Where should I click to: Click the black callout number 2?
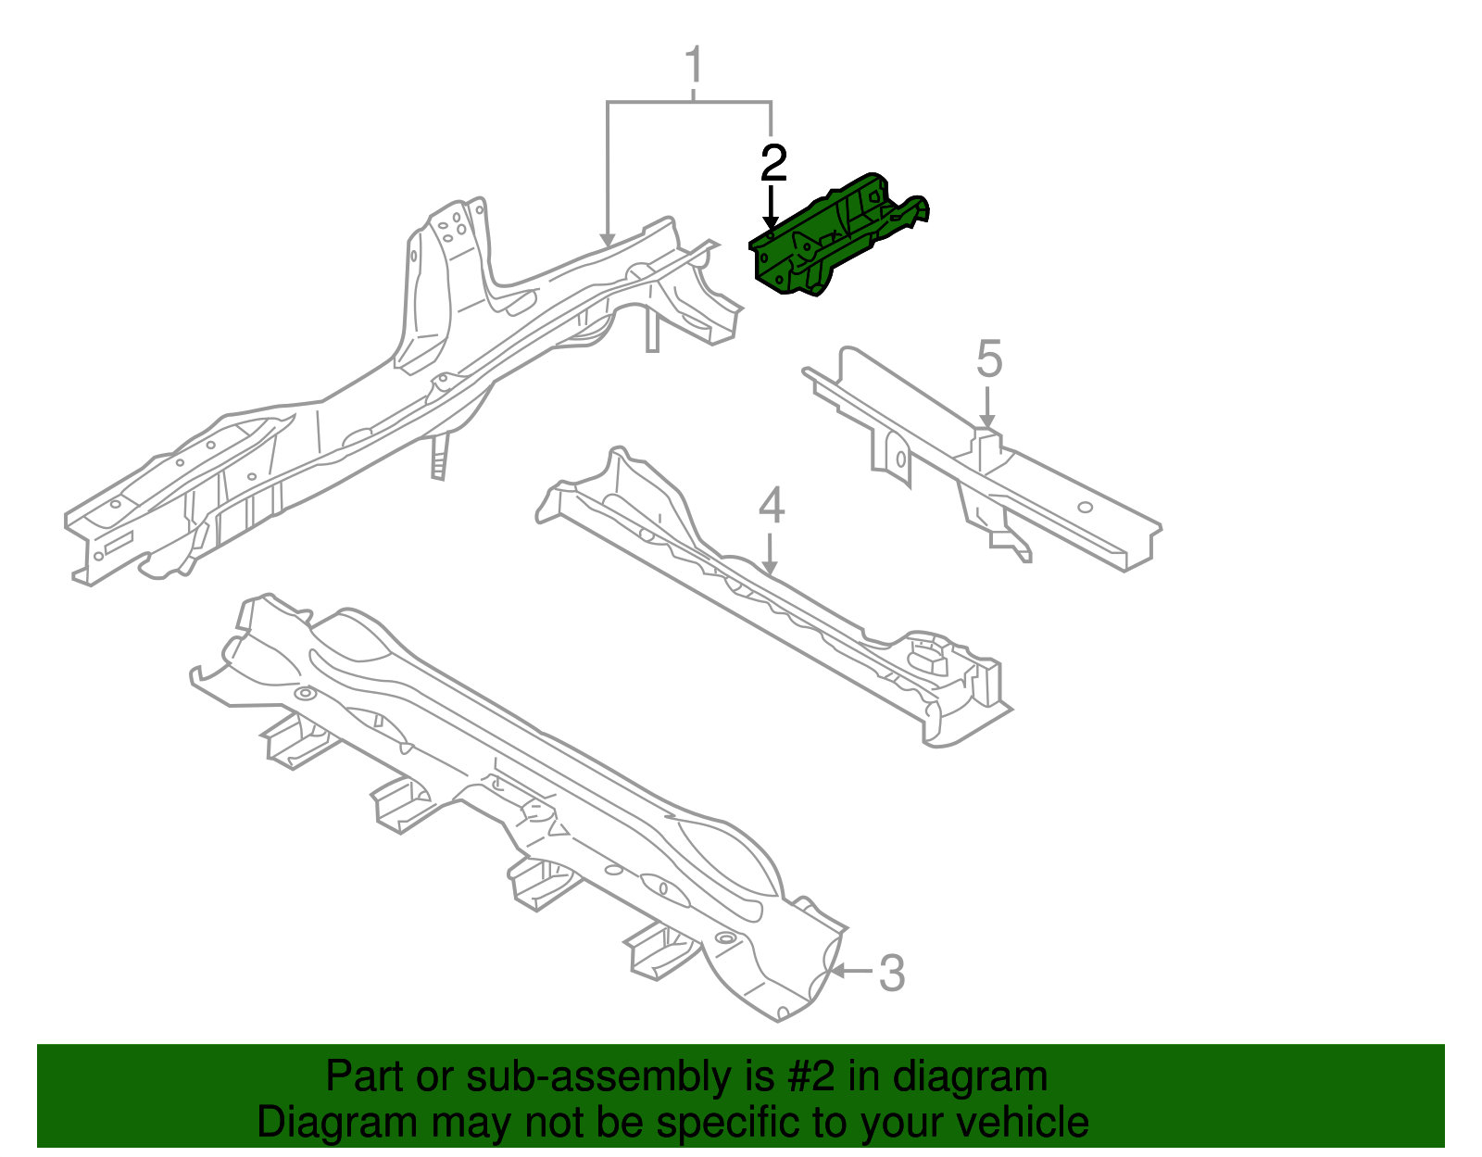(772, 164)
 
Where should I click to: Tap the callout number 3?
(890, 974)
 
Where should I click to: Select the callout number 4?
(771, 506)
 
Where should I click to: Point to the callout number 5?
(988, 358)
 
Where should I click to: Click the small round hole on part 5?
(1086, 507)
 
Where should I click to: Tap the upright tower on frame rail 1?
(445, 278)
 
